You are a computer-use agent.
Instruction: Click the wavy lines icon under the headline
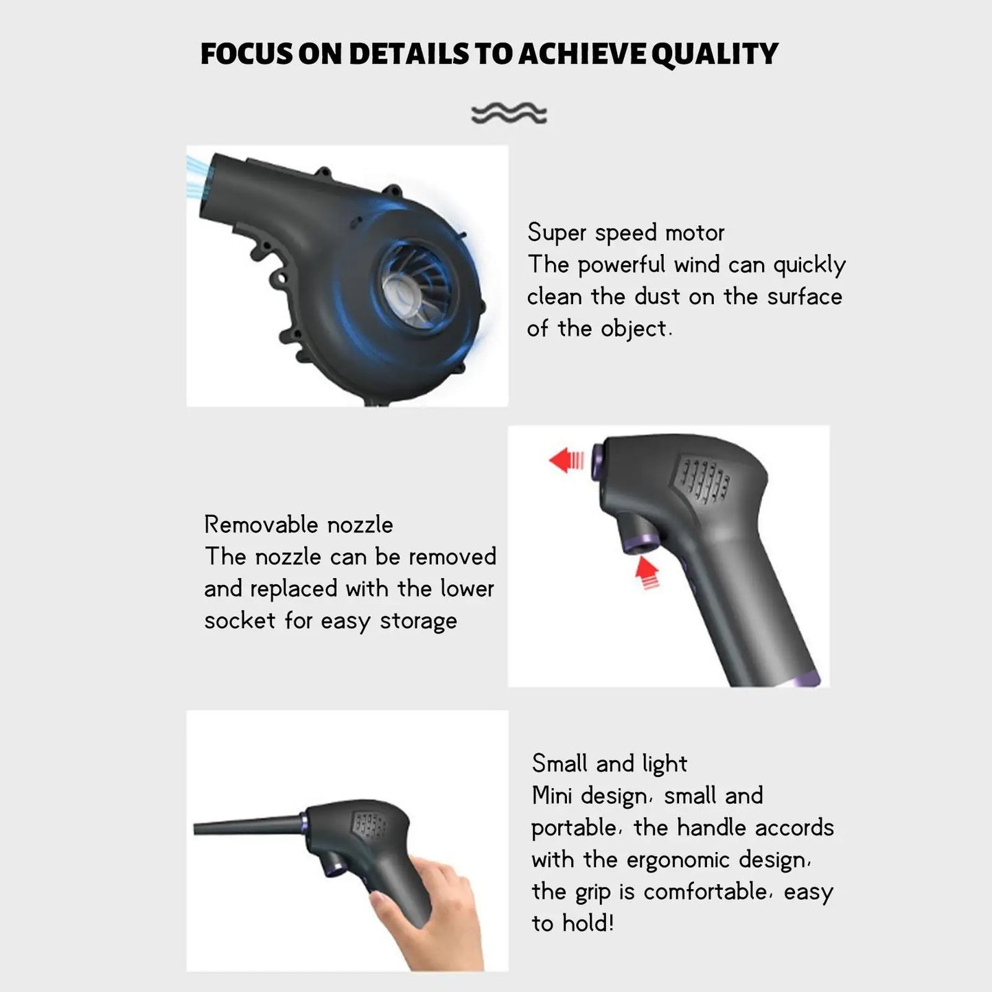[x=509, y=113]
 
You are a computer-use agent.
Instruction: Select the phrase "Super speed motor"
[x=625, y=233]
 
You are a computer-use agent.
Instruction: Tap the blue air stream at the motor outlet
[x=197, y=177]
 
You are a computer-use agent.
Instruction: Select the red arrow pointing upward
[x=647, y=572]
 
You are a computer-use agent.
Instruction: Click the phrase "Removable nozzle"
[x=299, y=525]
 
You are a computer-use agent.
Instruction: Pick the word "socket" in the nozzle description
[x=240, y=621]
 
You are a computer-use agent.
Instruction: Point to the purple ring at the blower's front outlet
[x=597, y=460]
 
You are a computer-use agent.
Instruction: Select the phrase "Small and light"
[x=609, y=763]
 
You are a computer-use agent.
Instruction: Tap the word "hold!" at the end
[x=588, y=923]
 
